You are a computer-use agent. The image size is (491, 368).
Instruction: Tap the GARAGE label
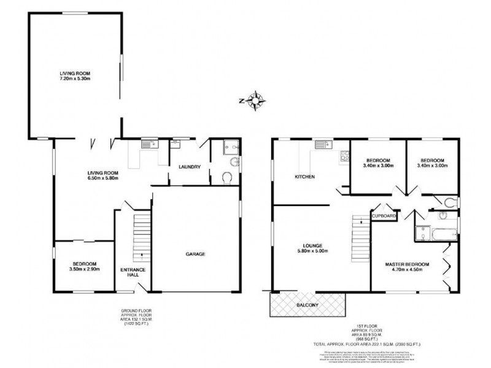tap(195, 254)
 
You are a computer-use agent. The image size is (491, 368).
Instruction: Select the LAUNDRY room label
tap(189, 166)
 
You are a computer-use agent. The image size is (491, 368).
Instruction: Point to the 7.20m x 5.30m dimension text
tap(75, 79)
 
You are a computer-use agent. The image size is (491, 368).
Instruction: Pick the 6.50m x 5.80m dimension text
tap(102, 178)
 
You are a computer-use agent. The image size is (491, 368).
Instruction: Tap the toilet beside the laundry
tap(226, 178)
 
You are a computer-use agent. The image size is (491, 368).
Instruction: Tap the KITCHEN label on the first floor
tap(304, 177)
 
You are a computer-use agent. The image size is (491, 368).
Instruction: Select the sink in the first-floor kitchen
tap(322, 145)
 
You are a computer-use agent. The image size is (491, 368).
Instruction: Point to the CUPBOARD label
tap(384, 216)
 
